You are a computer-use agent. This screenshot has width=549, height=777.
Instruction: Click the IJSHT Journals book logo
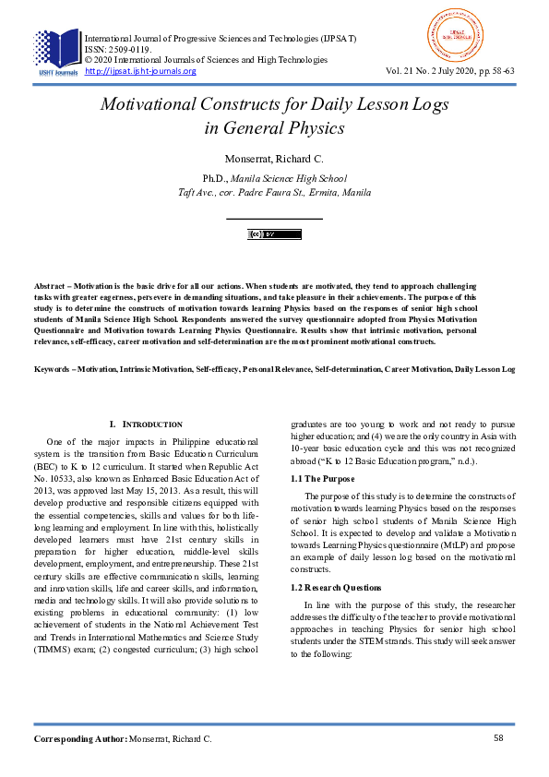click(x=56, y=51)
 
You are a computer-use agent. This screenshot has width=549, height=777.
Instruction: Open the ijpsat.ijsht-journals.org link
click(x=140, y=71)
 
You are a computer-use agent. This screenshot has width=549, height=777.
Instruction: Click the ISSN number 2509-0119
click(x=127, y=49)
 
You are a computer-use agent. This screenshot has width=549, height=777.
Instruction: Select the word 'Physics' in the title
click(x=315, y=128)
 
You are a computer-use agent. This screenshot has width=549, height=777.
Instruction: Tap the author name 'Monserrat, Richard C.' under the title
click(x=274, y=158)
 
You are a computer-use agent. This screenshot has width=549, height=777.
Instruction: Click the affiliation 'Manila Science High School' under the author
click(x=289, y=178)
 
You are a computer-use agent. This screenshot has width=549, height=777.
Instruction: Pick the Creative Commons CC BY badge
click(x=274, y=234)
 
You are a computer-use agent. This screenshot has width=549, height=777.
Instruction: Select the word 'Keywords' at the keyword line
click(x=54, y=369)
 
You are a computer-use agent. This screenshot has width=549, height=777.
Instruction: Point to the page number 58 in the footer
click(x=498, y=738)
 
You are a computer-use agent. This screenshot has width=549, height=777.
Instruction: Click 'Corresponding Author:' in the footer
click(x=79, y=739)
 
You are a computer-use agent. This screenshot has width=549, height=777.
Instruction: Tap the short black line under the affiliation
click(x=274, y=218)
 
